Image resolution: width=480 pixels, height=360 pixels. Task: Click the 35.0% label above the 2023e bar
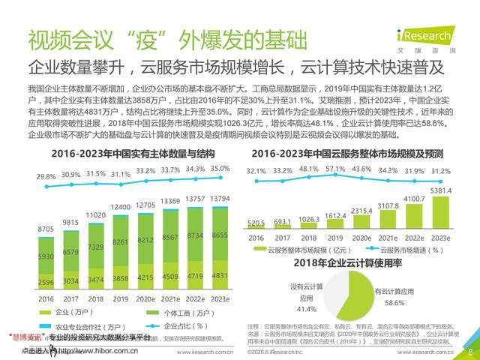220,169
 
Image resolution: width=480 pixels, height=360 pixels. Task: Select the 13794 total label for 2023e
220,198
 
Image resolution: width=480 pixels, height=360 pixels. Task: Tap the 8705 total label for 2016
46,229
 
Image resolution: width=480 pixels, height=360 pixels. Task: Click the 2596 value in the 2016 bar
46,283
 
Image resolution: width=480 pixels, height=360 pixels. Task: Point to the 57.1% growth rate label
334,169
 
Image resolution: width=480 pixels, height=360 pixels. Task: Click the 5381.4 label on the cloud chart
441,190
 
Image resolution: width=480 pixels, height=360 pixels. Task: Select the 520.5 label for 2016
256,223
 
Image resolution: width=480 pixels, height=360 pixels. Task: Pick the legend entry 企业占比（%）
169,326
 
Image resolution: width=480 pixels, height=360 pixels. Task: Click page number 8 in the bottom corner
470,351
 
